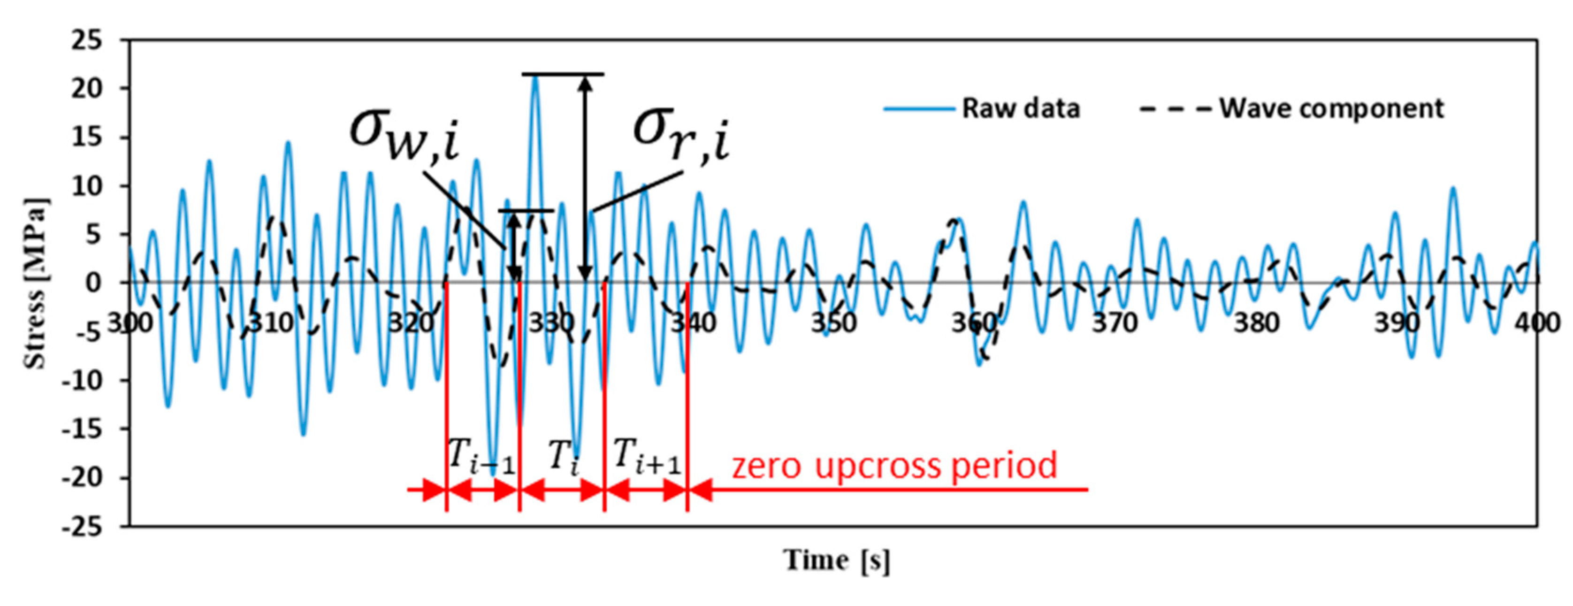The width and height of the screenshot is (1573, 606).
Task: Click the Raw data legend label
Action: click(x=1020, y=109)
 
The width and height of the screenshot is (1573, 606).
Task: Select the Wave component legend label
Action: click(x=1331, y=109)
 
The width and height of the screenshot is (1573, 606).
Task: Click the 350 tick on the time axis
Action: click(x=833, y=322)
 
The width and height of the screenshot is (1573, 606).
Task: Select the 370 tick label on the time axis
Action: click(x=1115, y=322)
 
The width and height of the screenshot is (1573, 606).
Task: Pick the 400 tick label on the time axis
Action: click(x=1536, y=322)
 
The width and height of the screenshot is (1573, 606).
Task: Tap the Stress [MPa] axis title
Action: click(x=35, y=284)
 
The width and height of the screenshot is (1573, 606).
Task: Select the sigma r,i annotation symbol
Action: click(x=681, y=134)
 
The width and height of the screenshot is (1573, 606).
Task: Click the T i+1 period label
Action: click(x=646, y=456)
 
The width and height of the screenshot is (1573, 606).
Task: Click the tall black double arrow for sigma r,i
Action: click(x=585, y=177)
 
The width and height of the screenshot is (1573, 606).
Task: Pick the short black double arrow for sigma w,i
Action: click(x=515, y=247)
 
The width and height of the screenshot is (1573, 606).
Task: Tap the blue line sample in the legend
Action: click(x=919, y=109)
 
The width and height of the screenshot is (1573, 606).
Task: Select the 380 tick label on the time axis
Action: click(x=1255, y=322)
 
